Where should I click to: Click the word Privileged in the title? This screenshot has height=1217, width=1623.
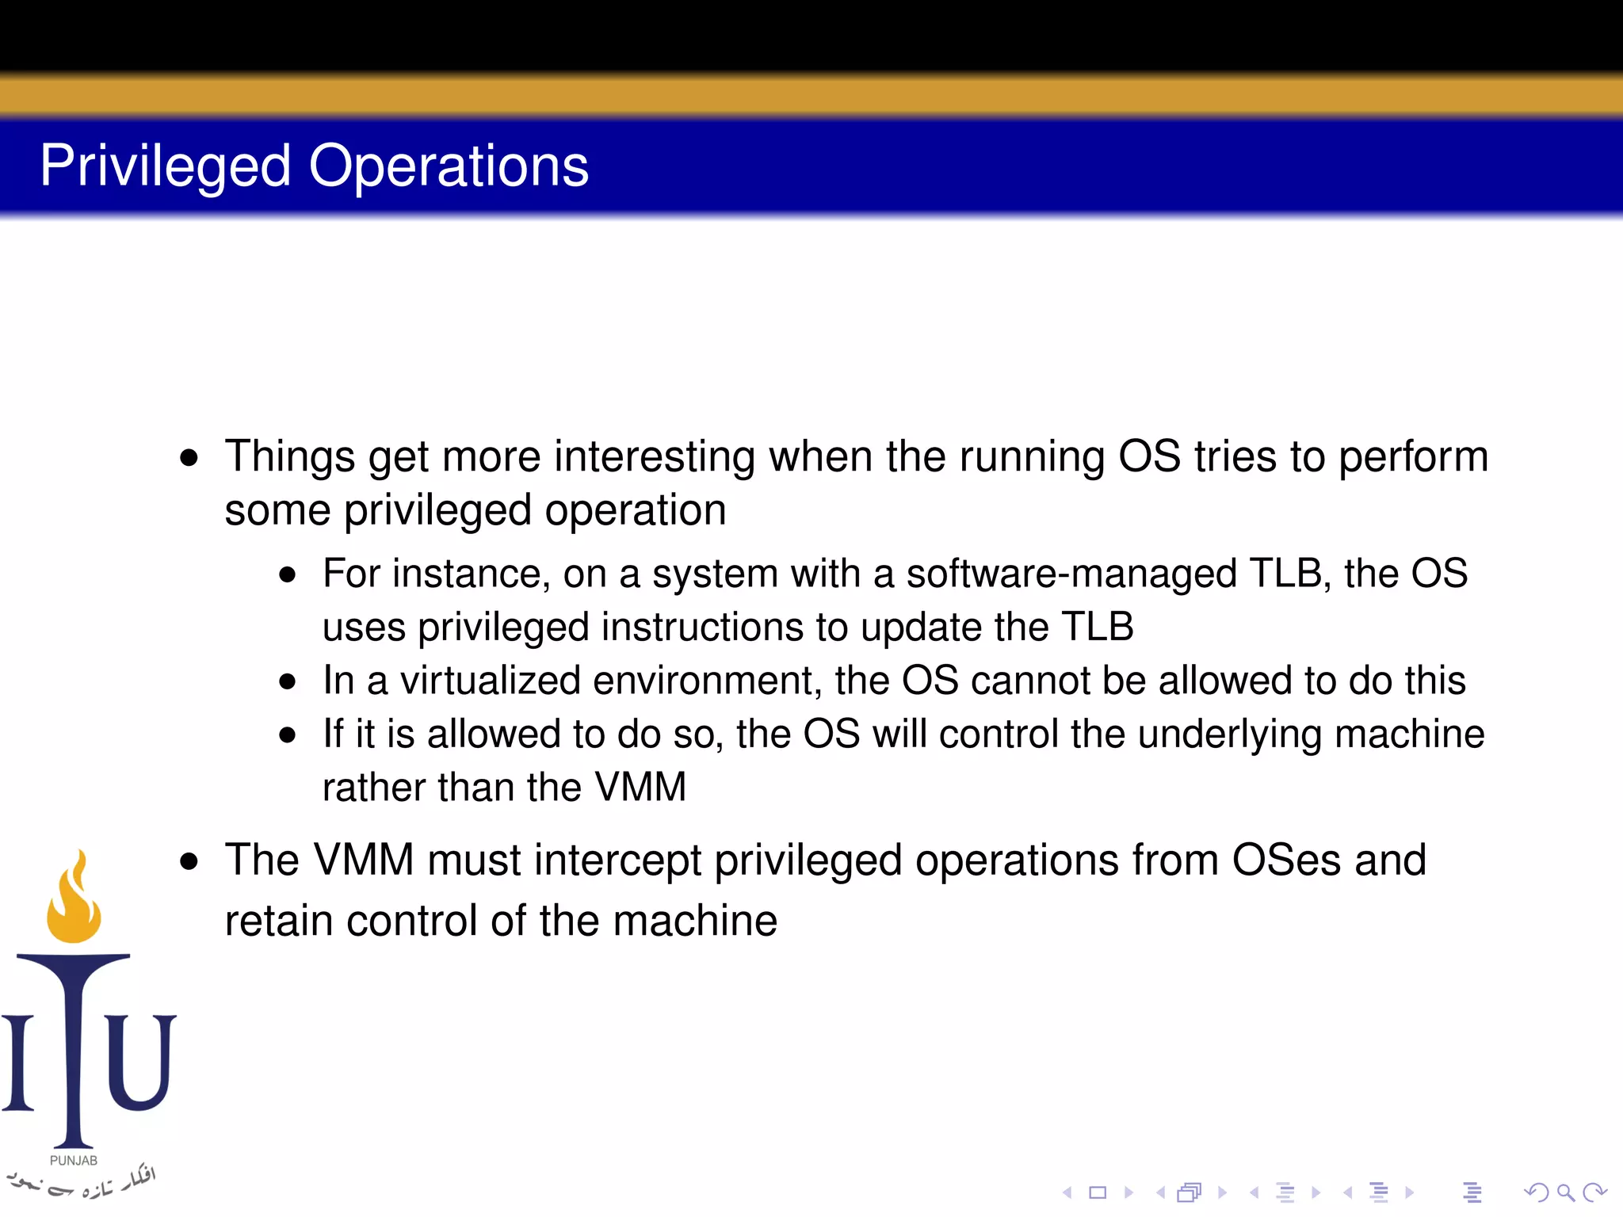166,166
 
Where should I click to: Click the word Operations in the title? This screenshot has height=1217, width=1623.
449,166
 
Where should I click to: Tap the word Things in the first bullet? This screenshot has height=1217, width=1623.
290,457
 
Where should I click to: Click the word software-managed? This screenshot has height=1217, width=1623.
1071,574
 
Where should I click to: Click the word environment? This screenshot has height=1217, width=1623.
707,681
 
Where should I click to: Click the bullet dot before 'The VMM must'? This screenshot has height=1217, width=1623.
189,861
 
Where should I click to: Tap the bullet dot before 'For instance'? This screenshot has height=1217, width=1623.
288,575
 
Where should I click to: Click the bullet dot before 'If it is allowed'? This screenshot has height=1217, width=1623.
288,735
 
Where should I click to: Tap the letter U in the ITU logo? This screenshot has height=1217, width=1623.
141,1062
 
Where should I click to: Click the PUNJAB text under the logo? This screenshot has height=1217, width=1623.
74,1161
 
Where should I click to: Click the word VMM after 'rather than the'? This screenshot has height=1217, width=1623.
640,788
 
